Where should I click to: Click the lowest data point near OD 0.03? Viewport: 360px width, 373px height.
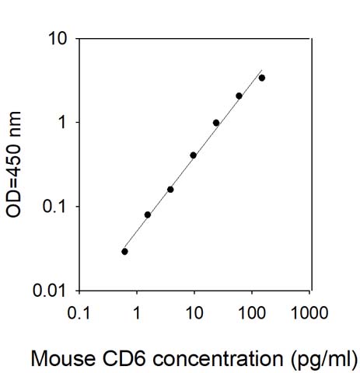point(124,252)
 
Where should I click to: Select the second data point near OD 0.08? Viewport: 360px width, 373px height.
point(148,214)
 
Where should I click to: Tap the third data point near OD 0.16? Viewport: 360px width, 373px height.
point(170,190)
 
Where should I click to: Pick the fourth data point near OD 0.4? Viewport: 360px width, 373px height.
point(194,155)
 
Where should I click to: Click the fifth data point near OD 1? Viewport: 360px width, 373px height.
point(216,123)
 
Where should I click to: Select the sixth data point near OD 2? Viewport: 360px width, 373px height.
point(239,96)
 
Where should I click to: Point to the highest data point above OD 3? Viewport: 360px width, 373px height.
point(262,78)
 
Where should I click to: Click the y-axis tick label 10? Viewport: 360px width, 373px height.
point(57,39)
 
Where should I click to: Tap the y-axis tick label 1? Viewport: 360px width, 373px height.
point(62,123)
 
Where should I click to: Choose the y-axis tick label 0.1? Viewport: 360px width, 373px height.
point(54,207)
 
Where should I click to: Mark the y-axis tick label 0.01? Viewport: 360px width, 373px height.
point(50,291)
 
